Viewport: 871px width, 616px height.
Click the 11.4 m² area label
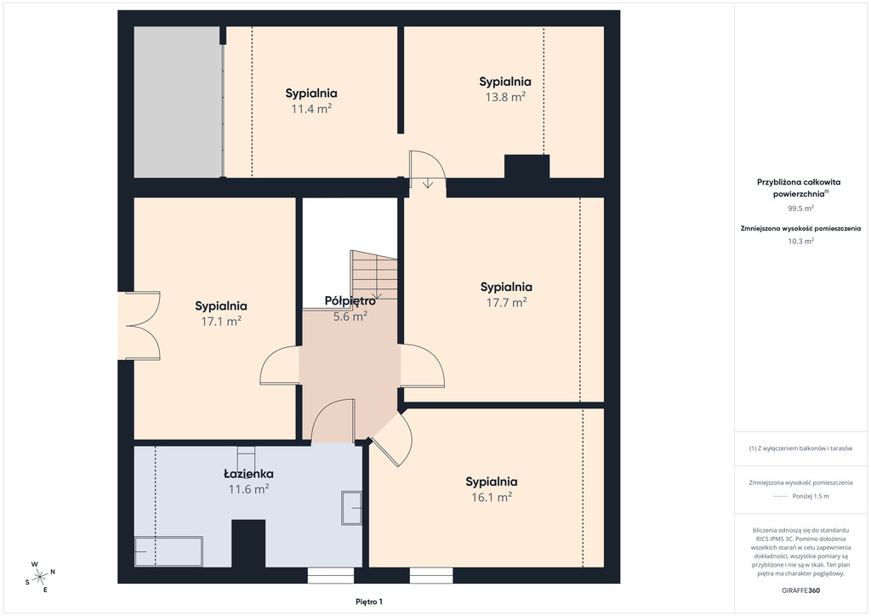(x=311, y=109)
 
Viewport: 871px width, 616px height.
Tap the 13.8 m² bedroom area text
(x=505, y=97)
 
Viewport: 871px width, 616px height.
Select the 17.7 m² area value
(x=507, y=302)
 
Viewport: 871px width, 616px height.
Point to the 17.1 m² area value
(x=221, y=321)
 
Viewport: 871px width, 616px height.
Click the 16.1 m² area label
(x=492, y=497)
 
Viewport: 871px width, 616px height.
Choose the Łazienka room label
(x=248, y=474)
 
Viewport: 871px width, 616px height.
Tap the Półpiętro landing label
(x=350, y=301)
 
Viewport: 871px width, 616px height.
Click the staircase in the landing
(x=374, y=276)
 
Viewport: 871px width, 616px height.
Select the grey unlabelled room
(x=178, y=102)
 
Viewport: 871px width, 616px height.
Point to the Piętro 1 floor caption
(x=369, y=602)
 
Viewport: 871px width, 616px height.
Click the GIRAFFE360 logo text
(x=800, y=590)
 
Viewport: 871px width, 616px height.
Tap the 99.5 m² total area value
(x=800, y=208)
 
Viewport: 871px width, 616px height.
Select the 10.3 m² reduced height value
(x=800, y=241)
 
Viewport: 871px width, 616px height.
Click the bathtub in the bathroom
(x=168, y=551)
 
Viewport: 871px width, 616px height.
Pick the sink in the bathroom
(x=351, y=508)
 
